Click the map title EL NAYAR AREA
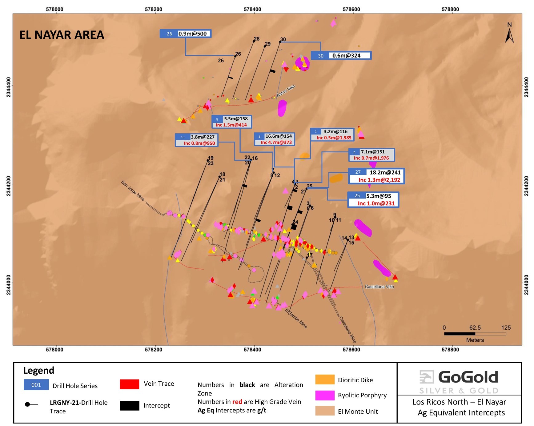(x=62, y=35)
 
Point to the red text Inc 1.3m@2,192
(x=379, y=180)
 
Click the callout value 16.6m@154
(x=279, y=136)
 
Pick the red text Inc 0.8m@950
(x=199, y=143)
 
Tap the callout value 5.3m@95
(x=379, y=196)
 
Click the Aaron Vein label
(x=286, y=91)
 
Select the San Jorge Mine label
(x=133, y=191)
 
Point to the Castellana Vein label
(x=379, y=287)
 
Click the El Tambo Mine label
(x=296, y=318)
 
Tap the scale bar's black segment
(x=460, y=334)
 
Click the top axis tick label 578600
(x=351, y=9)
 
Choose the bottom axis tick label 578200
(x=153, y=350)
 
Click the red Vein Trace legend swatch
(x=129, y=384)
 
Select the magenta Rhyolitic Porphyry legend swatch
(x=325, y=395)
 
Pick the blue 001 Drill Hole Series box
(x=36, y=385)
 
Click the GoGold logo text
(x=468, y=377)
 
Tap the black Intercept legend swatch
(x=129, y=406)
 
